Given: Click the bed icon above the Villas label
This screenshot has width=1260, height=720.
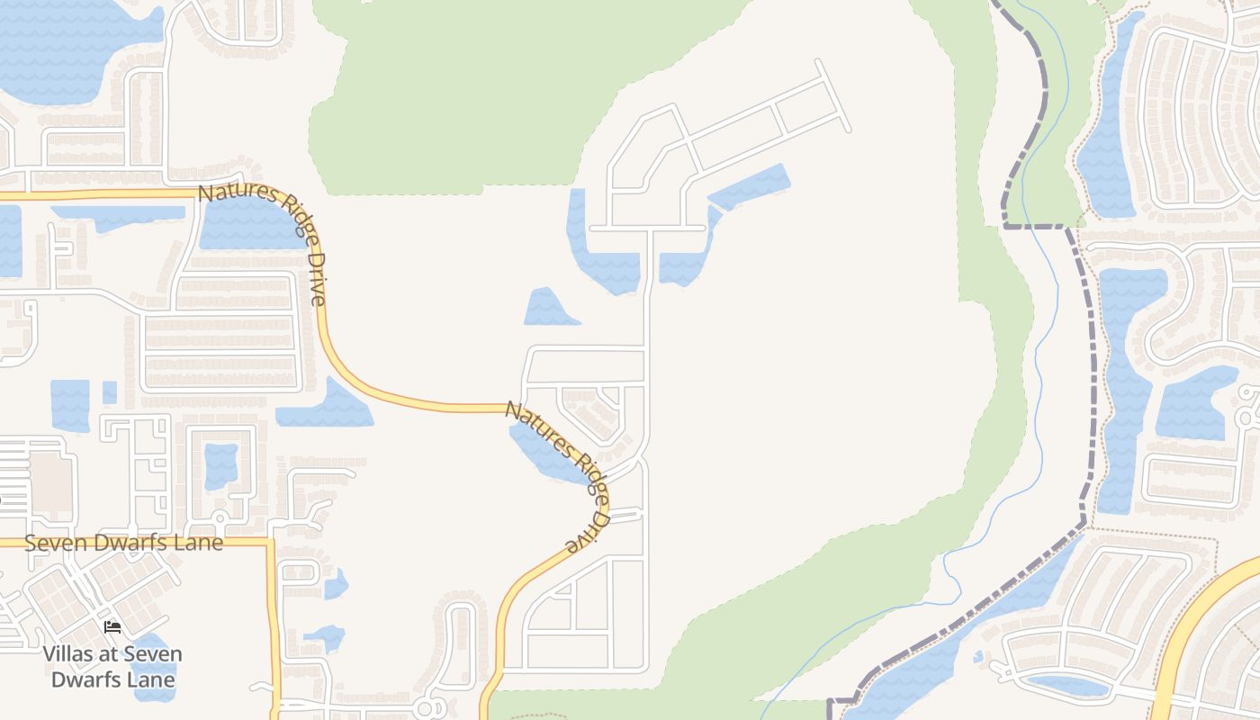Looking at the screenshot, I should click(x=112, y=626).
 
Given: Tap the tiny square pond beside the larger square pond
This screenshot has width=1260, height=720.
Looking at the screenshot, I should click(x=110, y=392).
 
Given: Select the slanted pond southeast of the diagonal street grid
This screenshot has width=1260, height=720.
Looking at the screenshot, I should click(x=749, y=186).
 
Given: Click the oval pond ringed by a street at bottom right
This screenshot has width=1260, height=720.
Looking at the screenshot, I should click(x=1068, y=686).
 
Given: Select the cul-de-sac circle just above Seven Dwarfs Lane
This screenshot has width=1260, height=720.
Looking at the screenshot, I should click(x=220, y=518).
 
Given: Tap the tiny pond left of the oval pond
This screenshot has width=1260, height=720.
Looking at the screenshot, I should click(x=978, y=657).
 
